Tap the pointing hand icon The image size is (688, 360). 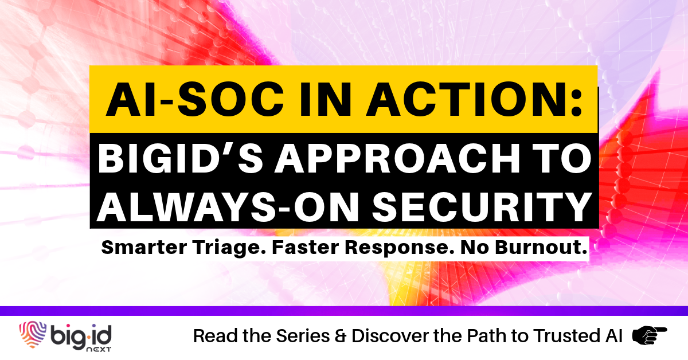[649, 335]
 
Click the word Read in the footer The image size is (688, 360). [211, 336]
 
